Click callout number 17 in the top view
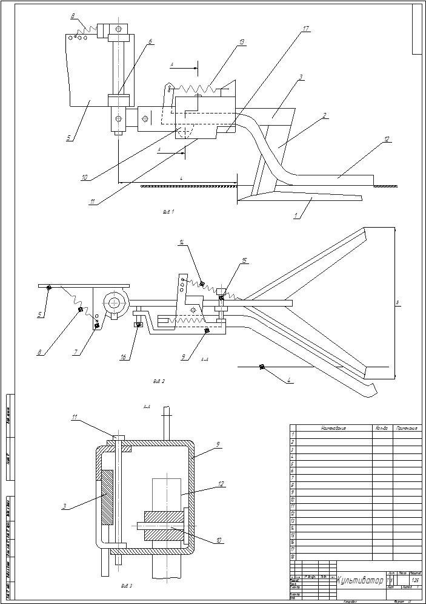307,28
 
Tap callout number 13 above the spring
241,42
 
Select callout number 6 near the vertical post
151,41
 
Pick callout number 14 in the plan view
181,242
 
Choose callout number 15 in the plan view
244,260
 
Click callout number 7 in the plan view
74,352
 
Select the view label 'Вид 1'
168,212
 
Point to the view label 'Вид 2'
159,381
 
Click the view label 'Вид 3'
127,586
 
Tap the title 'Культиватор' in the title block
360,581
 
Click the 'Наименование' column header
334,428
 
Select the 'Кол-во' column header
382,428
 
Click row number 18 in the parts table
293,556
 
